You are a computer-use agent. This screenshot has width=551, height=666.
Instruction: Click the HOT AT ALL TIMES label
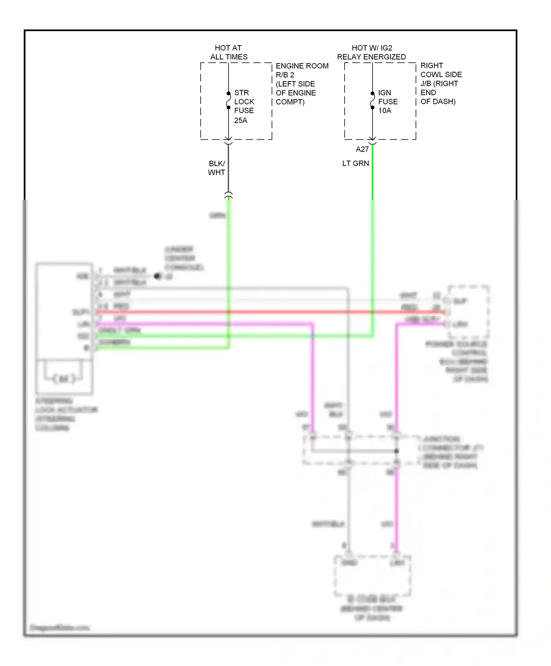pos(228,53)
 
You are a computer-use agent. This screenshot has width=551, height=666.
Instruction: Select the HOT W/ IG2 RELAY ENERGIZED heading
pos(371,53)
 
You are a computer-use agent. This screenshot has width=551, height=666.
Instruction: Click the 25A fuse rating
pos(241,120)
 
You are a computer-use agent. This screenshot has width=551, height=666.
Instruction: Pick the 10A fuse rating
pos(385,111)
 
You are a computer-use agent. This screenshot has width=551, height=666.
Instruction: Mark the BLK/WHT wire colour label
pos(216,168)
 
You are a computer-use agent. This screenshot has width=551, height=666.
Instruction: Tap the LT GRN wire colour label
pos(355,163)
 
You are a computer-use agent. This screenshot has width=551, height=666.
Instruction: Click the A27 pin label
pos(362,149)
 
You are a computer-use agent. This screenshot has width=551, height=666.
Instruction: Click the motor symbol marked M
pos(64,379)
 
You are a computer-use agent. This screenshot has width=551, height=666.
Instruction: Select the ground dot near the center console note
pos(157,276)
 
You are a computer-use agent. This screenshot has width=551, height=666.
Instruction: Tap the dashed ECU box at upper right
pos(468,312)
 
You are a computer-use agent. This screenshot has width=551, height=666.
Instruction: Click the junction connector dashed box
pos(362,450)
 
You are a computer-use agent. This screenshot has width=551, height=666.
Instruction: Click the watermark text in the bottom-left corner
pos(60,628)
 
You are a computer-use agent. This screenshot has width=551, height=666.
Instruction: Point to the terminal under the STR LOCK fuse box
pos(228,141)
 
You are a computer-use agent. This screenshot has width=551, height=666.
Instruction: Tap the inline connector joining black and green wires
pos(228,195)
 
